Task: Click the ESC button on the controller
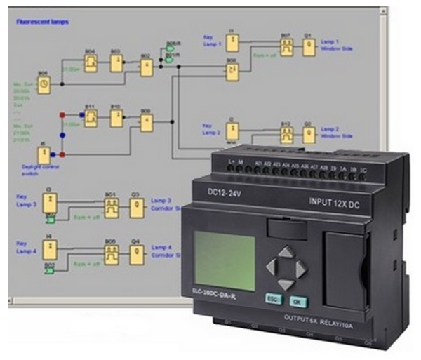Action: (272, 298)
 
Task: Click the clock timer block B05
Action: (44, 84)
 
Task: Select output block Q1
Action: (307, 46)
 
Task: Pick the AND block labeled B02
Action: (146, 67)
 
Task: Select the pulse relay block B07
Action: (286, 46)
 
